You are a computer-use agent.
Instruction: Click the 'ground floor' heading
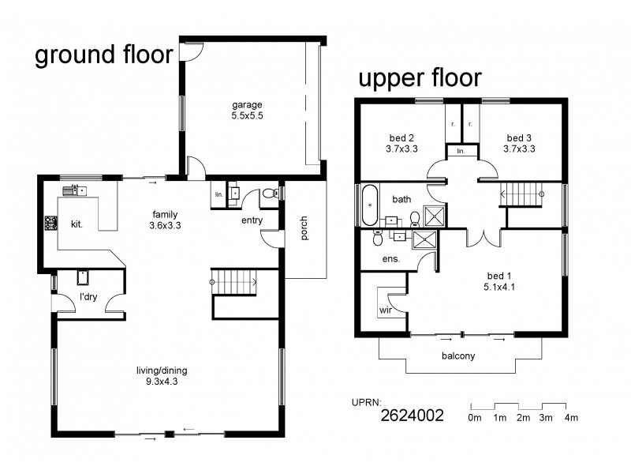click(x=103, y=56)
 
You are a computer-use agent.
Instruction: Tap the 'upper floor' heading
click(x=420, y=79)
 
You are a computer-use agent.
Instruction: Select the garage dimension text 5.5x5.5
click(x=247, y=116)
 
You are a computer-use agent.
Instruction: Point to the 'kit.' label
click(x=77, y=224)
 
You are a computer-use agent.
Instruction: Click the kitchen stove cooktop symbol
click(x=50, y=223)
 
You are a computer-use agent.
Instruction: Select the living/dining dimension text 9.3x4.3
click(x=166, y=382)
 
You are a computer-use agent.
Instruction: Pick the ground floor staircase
click(x=233, y=280)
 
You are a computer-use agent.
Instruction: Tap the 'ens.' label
click(x=390, y=258)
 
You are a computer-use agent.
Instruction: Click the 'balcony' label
click(x=457, y=355)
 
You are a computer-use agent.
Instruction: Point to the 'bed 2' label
click(x=401, y=136)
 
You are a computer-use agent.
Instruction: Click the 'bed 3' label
click(x=521, y=136)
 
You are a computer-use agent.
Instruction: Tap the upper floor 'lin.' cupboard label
click(x=461, y=150)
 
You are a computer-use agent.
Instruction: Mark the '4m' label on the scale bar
click(x=572, y=417)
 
